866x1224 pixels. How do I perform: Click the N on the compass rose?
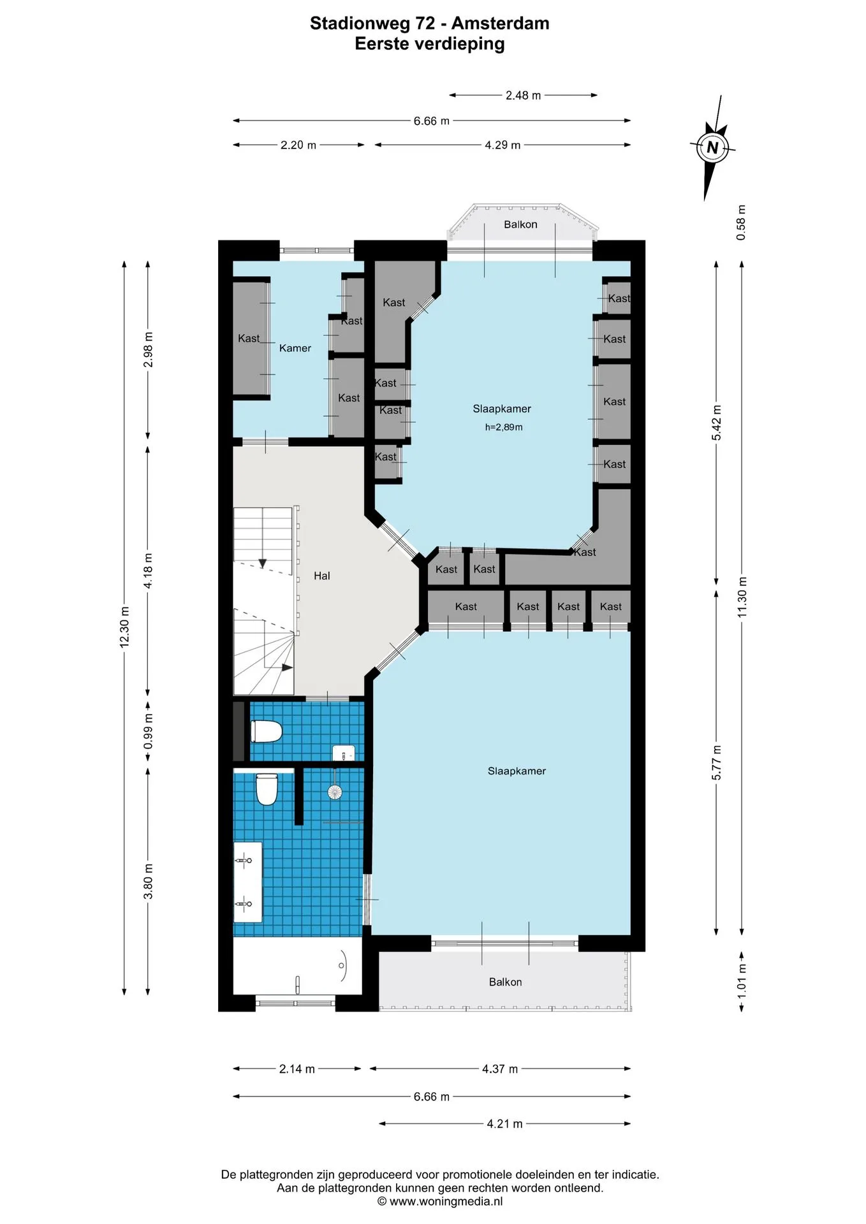[x=712, y=148]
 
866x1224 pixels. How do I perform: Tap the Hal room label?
[x=322, y=576]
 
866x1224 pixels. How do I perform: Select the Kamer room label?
[x=295, y=348]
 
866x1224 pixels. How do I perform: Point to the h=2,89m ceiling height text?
[x=504, y=427]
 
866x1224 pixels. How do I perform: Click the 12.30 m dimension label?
[x=124, y=627]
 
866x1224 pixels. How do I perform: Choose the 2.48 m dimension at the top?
[x=523, y=96]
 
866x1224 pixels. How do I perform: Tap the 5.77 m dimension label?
[x=717, y=762]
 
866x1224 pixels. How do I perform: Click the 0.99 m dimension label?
[x=148, y=731]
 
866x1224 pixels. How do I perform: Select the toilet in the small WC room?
[x=267, y=731]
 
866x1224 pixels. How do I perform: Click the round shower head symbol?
[x=335, y=792]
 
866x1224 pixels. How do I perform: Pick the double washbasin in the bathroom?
[x=248, y=882]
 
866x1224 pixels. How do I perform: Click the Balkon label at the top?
[x=520, y=224]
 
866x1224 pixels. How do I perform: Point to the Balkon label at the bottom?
[x=505, y=982]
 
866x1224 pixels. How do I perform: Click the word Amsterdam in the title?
[x=501, y=24]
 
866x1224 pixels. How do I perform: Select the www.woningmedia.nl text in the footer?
[x=446, y=1202]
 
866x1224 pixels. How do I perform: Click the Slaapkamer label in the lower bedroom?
[x=517, y=771]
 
